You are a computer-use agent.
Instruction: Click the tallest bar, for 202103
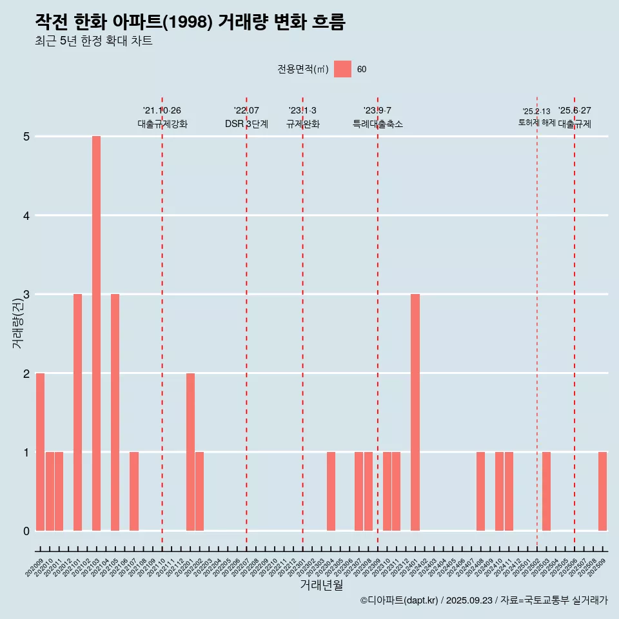point(96,333)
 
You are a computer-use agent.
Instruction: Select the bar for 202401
point(415,412)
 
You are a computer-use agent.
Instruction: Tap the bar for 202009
point(40,451)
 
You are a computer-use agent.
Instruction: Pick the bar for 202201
point(190,451)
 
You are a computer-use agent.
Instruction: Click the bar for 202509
point(602,491)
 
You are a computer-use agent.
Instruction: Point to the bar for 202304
point(331,491)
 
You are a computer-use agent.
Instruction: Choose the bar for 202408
point(480,491)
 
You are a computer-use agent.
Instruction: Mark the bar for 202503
point(546,491)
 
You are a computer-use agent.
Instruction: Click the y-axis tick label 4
point(26,215)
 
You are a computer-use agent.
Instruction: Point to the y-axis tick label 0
point(26,531)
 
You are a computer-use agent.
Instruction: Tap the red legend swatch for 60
point(342,69)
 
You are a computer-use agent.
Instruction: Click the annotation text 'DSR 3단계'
point(246,124)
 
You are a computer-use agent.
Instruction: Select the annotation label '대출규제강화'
point(162,124)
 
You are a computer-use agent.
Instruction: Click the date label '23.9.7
point(377,111)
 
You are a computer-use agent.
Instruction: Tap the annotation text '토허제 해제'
point(536,122)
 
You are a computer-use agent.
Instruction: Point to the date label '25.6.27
point(575,111)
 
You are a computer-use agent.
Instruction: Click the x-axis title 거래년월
point(321,585)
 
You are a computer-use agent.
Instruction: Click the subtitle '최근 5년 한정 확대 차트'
point(93,41)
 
